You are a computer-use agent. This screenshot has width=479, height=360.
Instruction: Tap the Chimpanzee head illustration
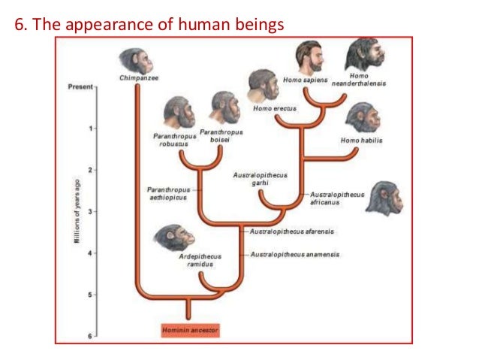tap(134, 59)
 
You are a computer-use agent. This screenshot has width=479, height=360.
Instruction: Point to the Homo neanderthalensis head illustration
tap(363, 54)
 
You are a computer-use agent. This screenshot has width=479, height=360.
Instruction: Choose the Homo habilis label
tap(361, 140)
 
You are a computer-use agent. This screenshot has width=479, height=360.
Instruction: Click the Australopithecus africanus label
tap(337, 198)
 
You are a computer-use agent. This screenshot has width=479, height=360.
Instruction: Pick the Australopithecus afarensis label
tap(292, 231)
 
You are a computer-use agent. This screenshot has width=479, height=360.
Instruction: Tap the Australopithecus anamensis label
tap(294, 255)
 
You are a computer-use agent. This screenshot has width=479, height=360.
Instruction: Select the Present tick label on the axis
tap(80, 87)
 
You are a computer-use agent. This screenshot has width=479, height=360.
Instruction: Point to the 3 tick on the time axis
tap(90, 212)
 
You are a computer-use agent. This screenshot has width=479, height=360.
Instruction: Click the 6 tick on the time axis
tap(90, 336)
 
